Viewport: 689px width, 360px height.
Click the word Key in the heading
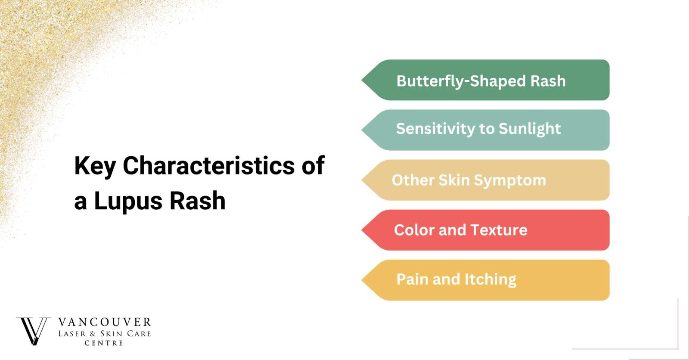pyautogui.click(x=95, y=166)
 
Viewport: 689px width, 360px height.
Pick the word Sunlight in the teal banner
pyautogui.click(x=530, y=129)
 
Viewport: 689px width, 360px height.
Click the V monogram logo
pyautogui.click(x=33, y=331)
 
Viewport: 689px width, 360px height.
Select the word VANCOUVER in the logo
pyautogui.click(x=105, y=323)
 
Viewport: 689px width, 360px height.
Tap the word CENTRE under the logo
pyautogui.click(x=104, y=343)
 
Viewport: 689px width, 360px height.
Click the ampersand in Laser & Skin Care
pyautogui.click(x=93, y=334)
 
